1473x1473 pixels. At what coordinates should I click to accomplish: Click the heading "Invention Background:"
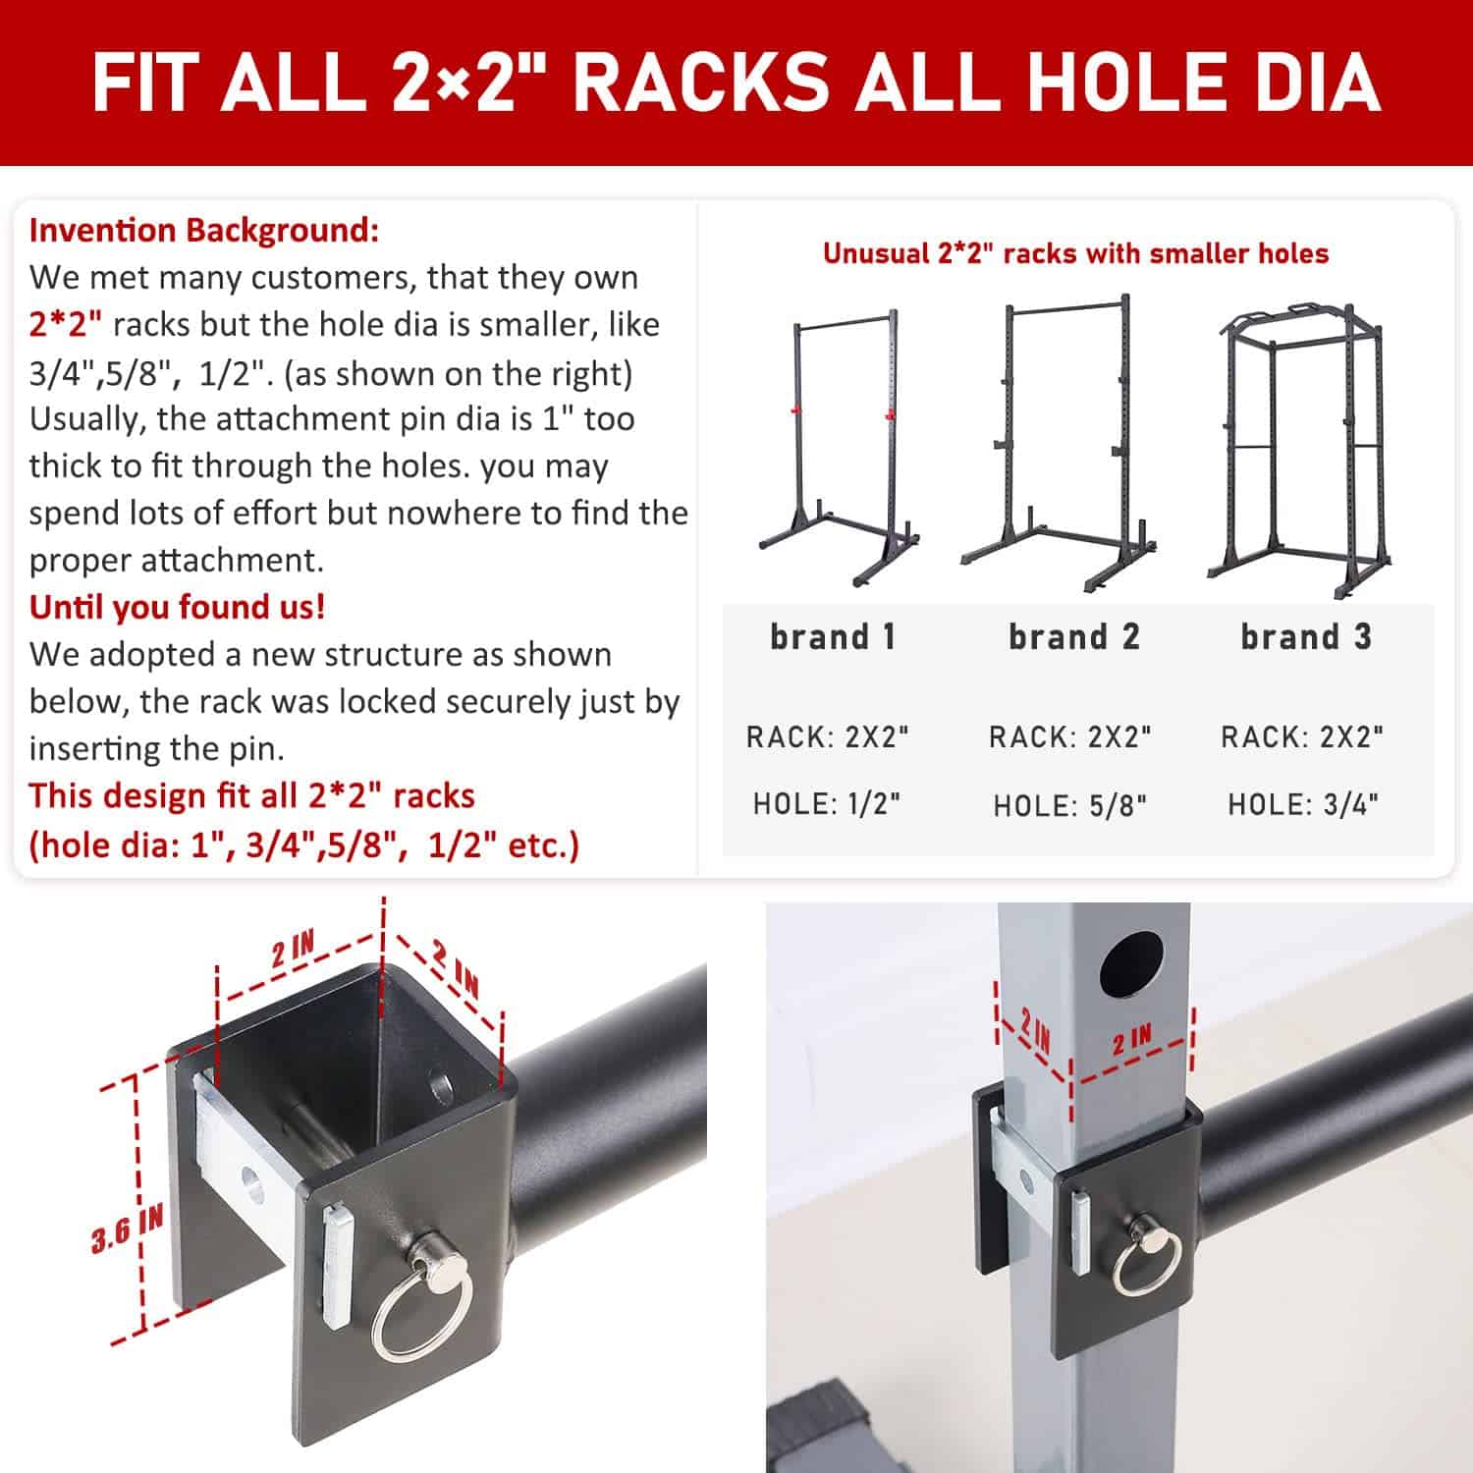pyautogui.click(x=204, y=231)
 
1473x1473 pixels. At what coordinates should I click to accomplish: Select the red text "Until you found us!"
pyautogui.click(x=177, y=607)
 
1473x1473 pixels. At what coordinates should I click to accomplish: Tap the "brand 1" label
pyautogui.click(x=833, y=636)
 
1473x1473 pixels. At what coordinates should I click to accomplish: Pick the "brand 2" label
pyautogui.click(x=1074, y=636)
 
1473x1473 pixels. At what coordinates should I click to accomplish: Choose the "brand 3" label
pyautogui.click(x=1306, y=636)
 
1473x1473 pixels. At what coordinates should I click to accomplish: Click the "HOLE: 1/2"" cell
pyautogui.click(x=827, y=804)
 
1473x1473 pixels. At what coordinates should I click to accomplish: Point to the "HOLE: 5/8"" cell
pyautogui.click(x=1070, y=805)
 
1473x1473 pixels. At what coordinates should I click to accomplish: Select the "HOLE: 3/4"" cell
pyautogui.click(x=1303, y=805)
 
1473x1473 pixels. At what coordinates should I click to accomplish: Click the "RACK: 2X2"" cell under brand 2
pyautogui.click(x=1070, y=736)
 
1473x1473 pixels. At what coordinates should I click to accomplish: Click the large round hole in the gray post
pyautogui.click(x=1131, y=962)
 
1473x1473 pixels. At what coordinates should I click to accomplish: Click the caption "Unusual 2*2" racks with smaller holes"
pyautogui.click(x=1075, y=253)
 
